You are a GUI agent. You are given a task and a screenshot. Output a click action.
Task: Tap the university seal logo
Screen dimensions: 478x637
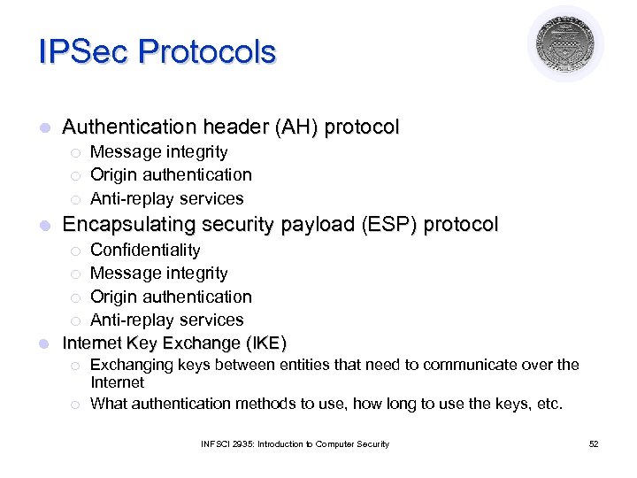pyautogui.click(x=565, y=44)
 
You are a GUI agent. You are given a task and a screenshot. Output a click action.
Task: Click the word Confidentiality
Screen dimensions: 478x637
pyautogui.click(x=145, y=251)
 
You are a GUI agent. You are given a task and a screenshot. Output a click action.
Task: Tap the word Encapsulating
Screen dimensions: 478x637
pyautogui.click(x=127, y=225)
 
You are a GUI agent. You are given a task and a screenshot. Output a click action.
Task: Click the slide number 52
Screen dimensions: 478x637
pyautogui.click(x=594, y=443)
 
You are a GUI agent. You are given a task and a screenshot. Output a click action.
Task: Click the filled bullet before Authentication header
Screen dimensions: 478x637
pyautogui.click(x=45, y=128)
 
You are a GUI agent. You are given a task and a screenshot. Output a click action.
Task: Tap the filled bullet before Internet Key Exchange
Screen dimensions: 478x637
pyautogui.click(x=45, y=343)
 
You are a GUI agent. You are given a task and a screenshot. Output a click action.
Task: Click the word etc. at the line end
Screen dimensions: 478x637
pyautogui.click(x=548, y=404)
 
